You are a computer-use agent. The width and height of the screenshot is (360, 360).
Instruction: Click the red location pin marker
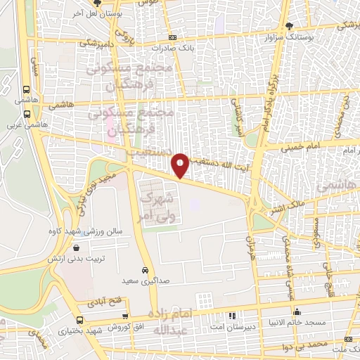(181, 165)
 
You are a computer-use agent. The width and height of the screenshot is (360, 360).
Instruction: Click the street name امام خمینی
(300, 148)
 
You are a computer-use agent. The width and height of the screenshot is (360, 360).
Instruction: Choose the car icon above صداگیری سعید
(145, 271)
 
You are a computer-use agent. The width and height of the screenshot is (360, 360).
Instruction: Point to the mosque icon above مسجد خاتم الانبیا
(300, 311)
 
